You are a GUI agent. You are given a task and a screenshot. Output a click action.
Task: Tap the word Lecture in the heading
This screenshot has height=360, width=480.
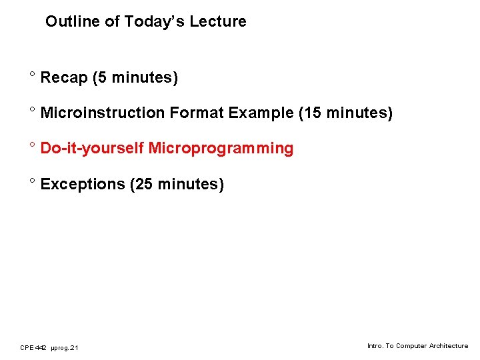[x=218, y=21]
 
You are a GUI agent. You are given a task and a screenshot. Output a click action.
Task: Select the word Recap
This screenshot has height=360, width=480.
[x=64, y=78]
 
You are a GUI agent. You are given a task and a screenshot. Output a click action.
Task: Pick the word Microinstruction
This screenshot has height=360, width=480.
[x=103, y=113]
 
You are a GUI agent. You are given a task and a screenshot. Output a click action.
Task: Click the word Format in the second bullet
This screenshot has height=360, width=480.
[x=197, y=113]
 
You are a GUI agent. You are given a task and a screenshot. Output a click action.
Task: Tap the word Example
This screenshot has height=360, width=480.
[x=261, y=113]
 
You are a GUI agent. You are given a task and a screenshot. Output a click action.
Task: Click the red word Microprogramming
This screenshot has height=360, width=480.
[x=221, y=149]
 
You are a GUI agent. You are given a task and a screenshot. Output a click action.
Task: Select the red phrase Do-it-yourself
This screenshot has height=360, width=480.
[x=92, y=149]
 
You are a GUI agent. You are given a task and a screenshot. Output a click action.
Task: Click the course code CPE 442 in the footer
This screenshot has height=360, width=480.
[x=33, y=347]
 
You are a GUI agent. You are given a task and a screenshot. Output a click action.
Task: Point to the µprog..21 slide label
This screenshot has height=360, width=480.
[x=65, y=347]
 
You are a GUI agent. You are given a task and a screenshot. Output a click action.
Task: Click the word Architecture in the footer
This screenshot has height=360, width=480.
[x=448, y=346]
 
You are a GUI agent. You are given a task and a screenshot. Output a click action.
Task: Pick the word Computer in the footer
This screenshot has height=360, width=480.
[x=411, y=346]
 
